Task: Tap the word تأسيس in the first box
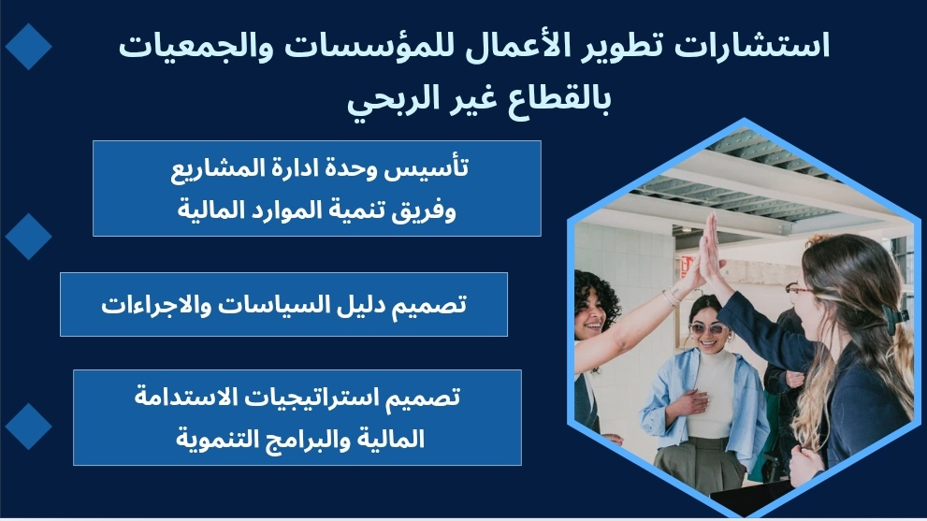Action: [x=427, y=168]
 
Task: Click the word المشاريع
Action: [x=207, y=169]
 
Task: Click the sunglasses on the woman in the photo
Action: [x=708, y=328]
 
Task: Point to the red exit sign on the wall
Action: [x=687, y=266]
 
